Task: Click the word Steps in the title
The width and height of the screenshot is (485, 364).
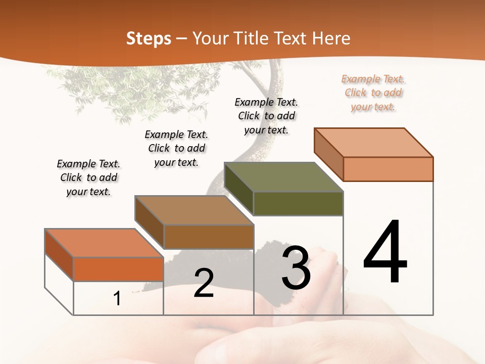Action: pos(149,38)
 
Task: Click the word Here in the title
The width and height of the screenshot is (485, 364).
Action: pos(331,38)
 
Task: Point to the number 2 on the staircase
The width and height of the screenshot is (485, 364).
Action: pos(204,283)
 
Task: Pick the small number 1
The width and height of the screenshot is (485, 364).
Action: pos(117,298)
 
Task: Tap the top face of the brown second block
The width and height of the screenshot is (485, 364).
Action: pos(194,210)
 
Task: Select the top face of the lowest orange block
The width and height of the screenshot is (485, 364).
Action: pos(104,243)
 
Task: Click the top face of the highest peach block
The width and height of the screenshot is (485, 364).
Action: pos(374,143)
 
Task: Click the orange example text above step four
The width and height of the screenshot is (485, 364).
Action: pos(373,93)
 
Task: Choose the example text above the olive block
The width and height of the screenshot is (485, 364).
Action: pos(266,116)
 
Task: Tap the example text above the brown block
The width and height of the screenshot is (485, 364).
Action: pos(176,148)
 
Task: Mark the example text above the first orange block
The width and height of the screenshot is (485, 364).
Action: pos(88,177)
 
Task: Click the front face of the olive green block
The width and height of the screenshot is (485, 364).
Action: pos(298,203)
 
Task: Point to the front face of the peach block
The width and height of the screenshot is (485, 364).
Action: pos(388,169)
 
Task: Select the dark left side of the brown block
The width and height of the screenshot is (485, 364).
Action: pos(150,222)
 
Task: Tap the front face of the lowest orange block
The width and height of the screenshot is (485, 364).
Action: pos(118,269)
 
